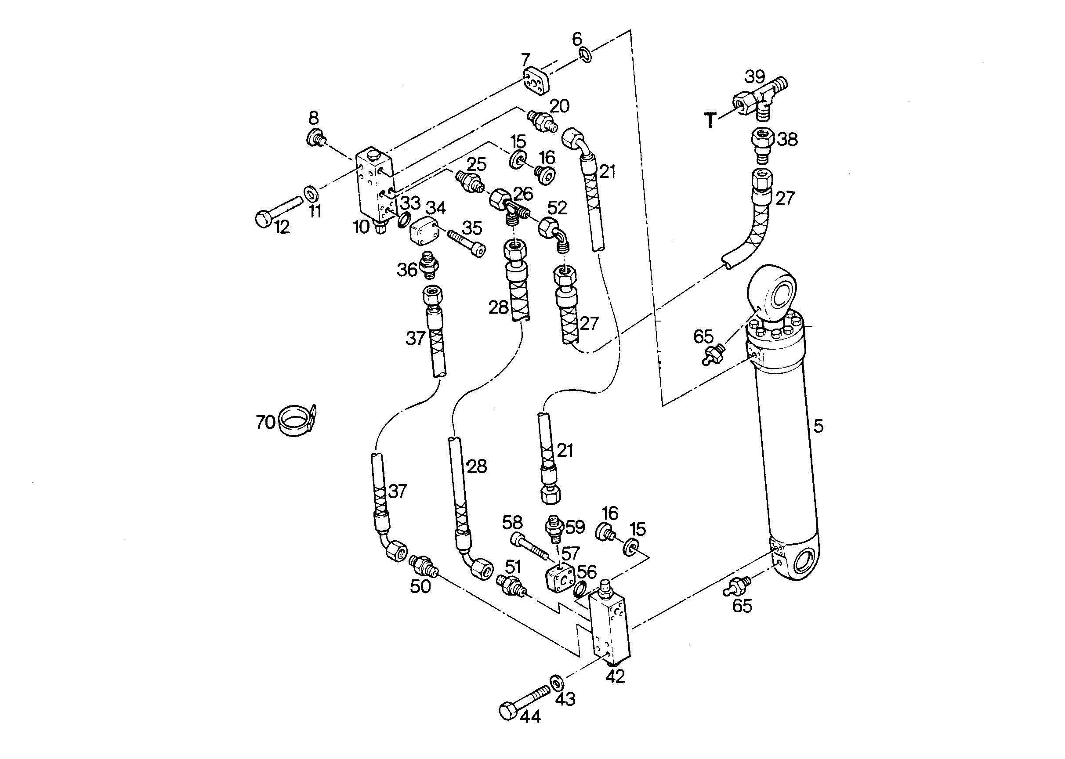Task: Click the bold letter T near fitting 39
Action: [x=710, y=121]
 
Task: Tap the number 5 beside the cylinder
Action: [x=818, y=426]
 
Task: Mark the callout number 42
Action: [x=615, y=676]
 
